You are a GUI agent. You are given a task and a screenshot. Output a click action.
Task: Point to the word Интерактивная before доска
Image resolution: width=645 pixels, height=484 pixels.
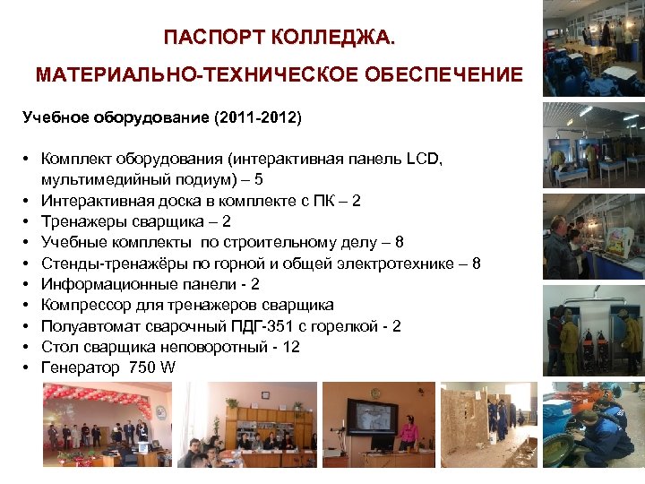coord(92,201)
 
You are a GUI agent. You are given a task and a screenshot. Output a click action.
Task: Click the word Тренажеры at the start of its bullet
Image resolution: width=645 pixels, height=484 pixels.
coord(82,221)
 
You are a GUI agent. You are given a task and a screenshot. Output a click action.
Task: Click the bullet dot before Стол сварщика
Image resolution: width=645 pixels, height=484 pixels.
coord(29,347)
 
